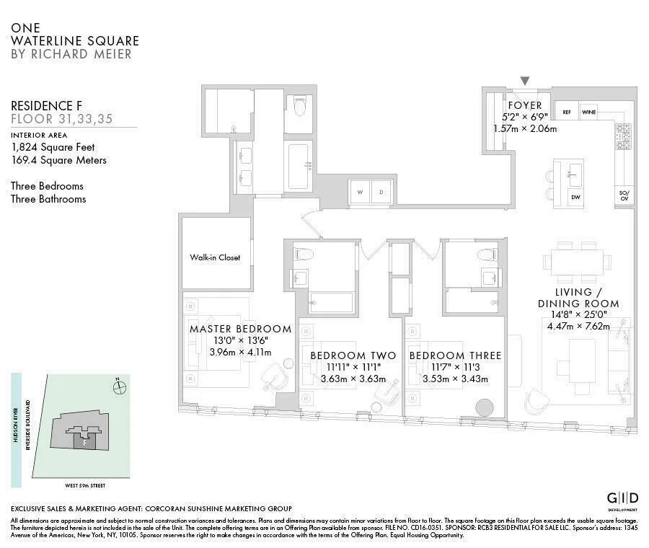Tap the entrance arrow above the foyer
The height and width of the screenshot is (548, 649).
525,81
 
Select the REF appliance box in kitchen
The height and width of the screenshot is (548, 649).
567,112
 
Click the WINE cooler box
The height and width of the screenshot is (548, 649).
588,112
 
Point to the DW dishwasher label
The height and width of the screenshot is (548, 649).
575,197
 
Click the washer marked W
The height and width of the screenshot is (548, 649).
359,192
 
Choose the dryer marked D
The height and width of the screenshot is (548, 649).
382,192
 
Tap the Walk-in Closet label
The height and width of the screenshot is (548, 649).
215,257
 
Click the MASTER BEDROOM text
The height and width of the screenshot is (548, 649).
240,329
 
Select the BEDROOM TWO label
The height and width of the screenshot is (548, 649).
353,355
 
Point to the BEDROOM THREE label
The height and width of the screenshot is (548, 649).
454,355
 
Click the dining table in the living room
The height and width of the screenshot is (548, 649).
580,261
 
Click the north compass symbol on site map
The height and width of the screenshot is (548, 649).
120,387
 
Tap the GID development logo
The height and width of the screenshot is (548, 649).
622,499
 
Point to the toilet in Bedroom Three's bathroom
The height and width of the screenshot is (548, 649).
487,255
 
